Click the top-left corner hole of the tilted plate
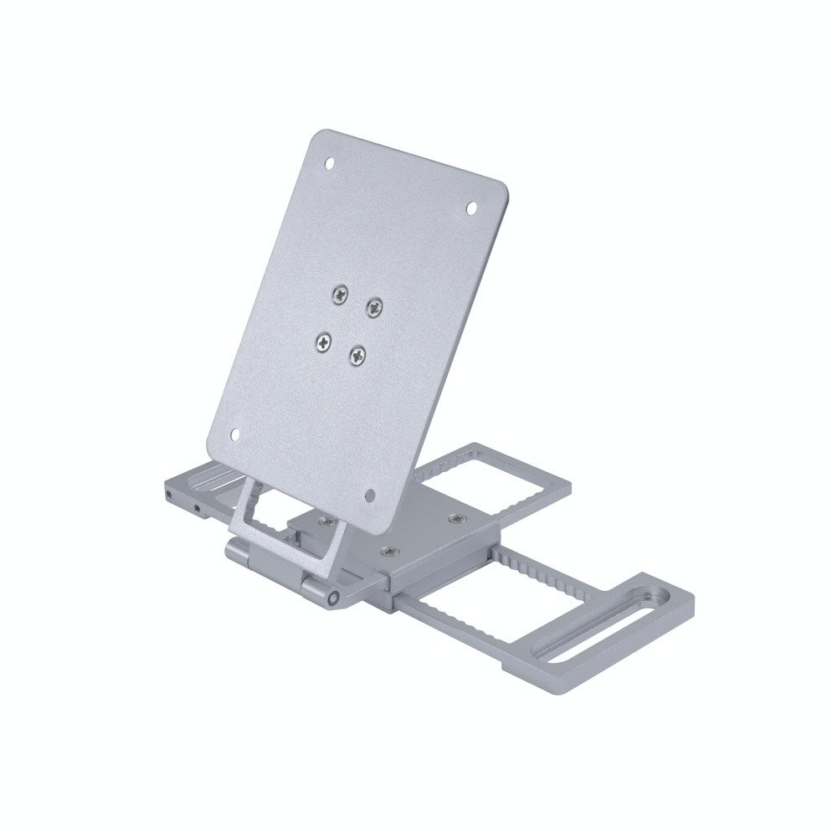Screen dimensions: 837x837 [x=328, y=164]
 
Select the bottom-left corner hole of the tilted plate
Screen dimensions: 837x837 [x=235, y=434]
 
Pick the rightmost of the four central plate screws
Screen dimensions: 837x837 [x=373, y=306]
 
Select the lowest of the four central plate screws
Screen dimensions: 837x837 [x=358, y=356]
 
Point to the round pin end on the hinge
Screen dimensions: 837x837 [x=335, y=598]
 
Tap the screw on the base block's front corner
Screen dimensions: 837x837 [x=388, y=552]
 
